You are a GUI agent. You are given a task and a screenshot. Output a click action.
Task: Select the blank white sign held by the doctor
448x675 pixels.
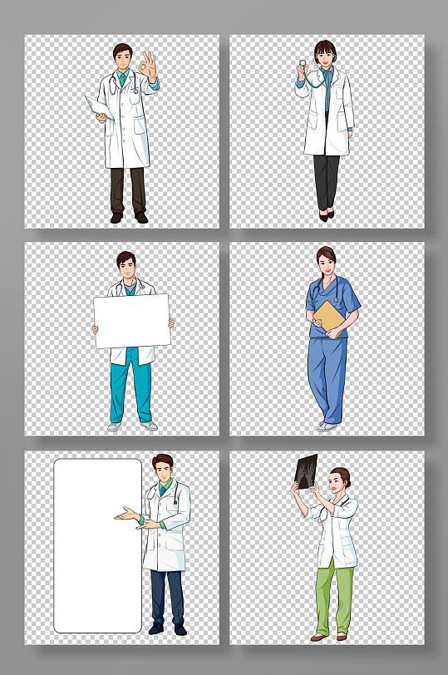coord(132,321)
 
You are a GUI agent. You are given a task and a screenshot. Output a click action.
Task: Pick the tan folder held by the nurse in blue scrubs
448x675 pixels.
coord(330,318)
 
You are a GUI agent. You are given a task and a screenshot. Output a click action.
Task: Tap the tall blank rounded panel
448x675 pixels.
coord(98,545)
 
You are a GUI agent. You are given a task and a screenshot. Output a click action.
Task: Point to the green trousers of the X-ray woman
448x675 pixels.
coord(334,594)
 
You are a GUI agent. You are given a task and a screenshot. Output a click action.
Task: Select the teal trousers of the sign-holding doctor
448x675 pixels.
coord(131,391)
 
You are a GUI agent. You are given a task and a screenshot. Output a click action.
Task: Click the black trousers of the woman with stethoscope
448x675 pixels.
coord(326,181)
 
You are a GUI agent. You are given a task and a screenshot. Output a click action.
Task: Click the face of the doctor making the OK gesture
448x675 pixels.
coord(124,61)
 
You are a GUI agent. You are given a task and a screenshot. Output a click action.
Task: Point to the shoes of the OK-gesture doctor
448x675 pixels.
coord(129,218)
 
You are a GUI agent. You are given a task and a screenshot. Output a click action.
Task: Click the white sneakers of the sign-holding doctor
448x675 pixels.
coord(132,426)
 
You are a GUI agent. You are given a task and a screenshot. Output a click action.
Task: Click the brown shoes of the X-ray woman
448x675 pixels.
coord(329,637)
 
